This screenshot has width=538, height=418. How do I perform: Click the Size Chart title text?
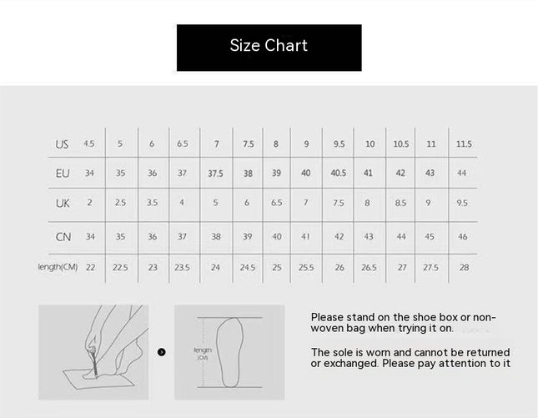point(269,45)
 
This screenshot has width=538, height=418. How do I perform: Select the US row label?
point(62,144)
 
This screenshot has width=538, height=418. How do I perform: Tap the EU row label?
point(63,174)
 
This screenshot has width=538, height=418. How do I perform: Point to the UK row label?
point(63,204)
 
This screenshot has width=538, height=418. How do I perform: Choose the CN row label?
point(63,237)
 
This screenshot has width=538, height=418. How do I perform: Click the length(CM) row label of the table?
point(58,267)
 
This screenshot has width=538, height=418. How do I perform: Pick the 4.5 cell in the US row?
point(89,144)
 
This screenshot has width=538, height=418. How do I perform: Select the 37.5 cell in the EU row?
point(215,174)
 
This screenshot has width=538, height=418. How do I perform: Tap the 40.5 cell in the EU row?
point(339,173)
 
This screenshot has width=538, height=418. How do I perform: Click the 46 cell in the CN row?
point(463,236)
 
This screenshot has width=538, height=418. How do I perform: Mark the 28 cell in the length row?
point(464,267)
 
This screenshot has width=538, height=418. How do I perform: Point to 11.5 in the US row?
point(464,144)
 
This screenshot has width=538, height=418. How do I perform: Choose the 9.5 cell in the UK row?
point(462,203)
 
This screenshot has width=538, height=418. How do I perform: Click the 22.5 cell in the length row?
point(120,267)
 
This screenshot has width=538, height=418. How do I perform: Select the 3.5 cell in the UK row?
point(152,203)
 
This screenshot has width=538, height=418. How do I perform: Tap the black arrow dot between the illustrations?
point(161,352)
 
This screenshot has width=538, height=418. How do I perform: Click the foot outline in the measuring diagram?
point(229,352)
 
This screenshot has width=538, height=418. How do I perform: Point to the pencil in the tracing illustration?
point(94,363)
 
